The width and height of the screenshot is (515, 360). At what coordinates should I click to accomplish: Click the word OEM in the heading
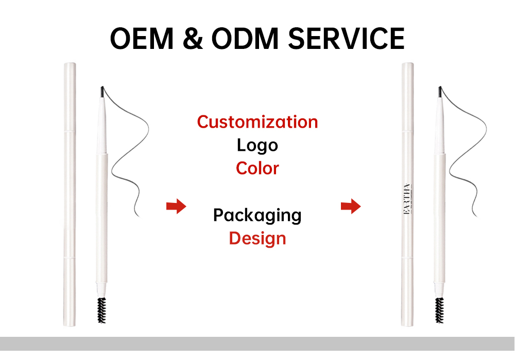click(x=141, y=38)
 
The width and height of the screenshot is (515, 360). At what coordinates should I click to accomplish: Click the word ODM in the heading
click(x=237, y=38)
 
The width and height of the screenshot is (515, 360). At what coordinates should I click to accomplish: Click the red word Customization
click(x=257, y=122)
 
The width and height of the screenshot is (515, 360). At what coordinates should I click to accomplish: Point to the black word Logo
click(x=257, y=145)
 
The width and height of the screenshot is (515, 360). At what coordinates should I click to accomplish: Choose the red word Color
click(x=257, y=168)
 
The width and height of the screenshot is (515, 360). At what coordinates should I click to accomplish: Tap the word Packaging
click(x=257, y=215)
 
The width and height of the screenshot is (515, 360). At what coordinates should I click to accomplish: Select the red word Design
click(x=257, y=238)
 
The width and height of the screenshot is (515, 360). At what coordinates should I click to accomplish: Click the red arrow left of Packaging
click(x=176, y=207)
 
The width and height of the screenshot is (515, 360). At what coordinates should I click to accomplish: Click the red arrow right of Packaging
click(x=351, y=207)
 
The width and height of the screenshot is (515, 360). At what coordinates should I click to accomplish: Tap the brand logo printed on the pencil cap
click(x=408, y=202)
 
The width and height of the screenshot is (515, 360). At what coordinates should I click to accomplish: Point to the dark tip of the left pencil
click(x=101, y=91)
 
